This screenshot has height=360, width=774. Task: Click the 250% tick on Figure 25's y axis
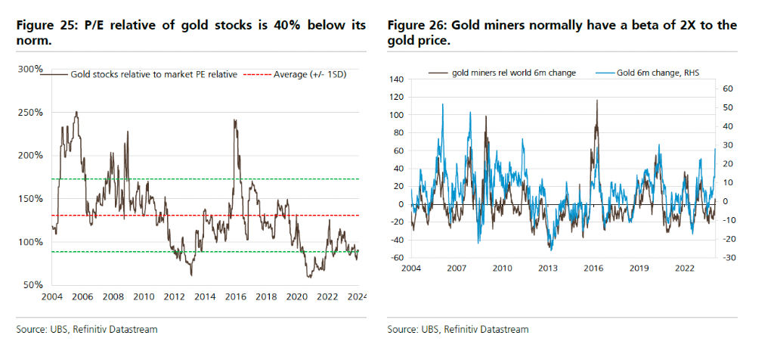click(29, 112)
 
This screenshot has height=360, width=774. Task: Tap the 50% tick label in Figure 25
click(33, 285)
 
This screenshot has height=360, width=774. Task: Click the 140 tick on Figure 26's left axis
click(398, 79)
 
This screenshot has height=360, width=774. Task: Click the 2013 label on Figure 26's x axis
click(549, 268)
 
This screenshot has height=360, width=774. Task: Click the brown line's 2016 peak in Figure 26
click(597, 101)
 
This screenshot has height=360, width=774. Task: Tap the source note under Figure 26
click(457, 330)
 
